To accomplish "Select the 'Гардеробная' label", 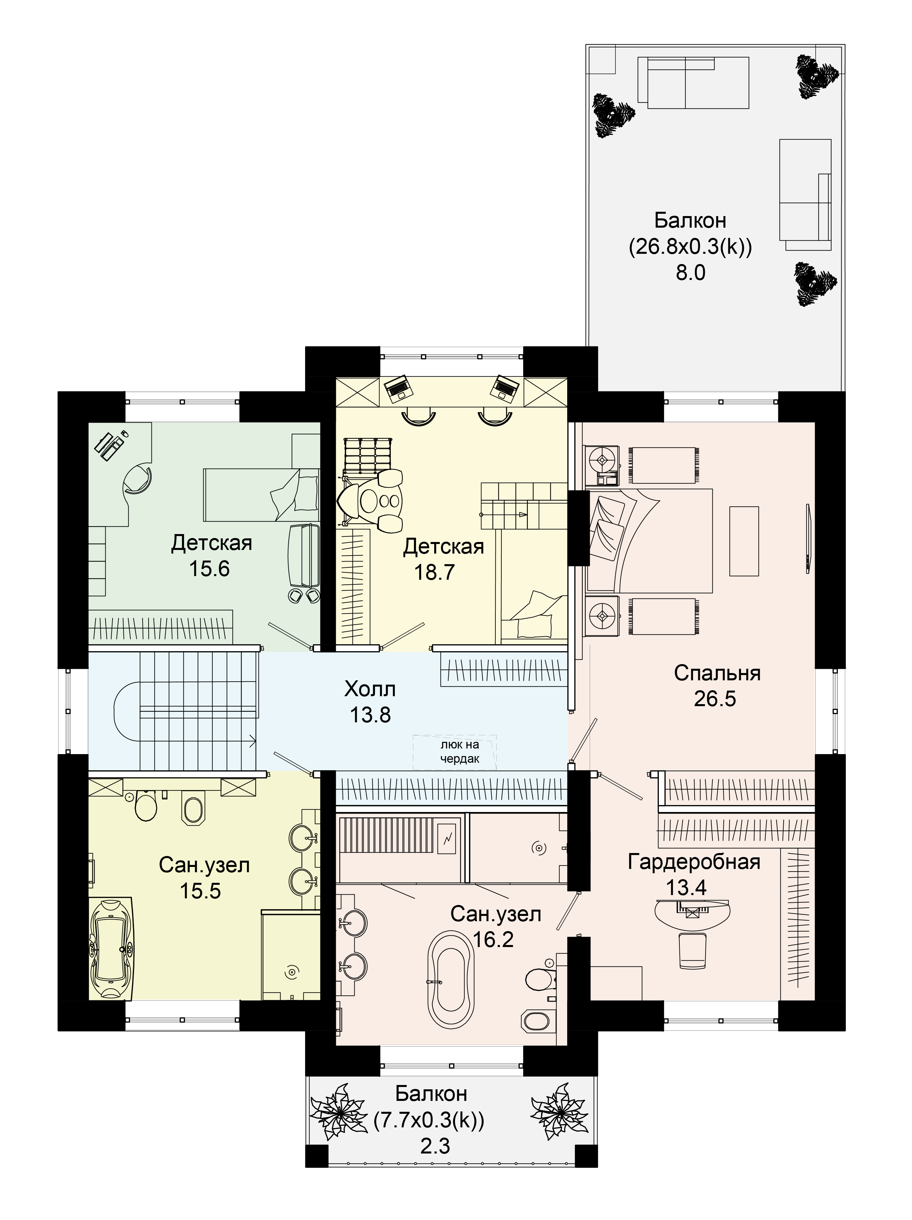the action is point(694,862).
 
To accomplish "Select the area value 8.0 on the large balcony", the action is point(691,273).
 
